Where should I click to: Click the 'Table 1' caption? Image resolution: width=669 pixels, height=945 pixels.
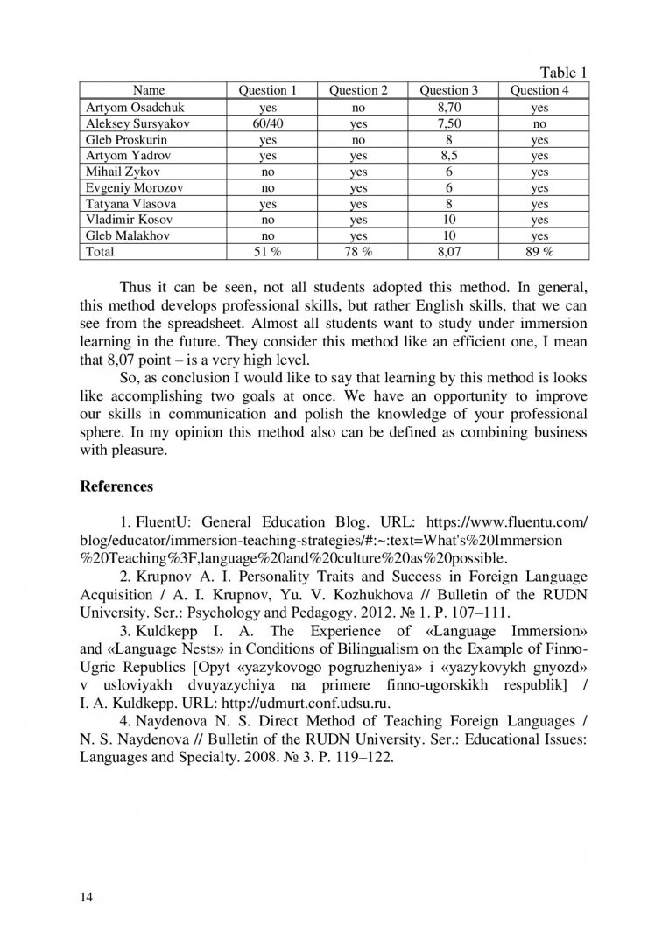click(x=563, y=73)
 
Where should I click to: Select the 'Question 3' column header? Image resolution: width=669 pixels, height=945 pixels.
click(x=449, y=90)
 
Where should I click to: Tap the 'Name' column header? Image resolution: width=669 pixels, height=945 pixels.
click(x=149, y=90)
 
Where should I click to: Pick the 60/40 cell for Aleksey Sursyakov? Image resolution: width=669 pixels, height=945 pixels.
click(x=268, y=123)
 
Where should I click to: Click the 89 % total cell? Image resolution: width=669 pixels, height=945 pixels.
click(x=539, y=252)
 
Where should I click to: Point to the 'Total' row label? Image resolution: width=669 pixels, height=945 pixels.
click(x=100, y=252)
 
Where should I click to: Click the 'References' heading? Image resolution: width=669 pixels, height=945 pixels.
click(x=116, y=486)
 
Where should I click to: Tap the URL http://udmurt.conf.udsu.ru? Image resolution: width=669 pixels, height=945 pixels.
click(x=313, y=703)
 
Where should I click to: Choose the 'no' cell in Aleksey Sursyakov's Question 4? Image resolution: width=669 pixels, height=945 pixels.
click(x=539, y=123)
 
